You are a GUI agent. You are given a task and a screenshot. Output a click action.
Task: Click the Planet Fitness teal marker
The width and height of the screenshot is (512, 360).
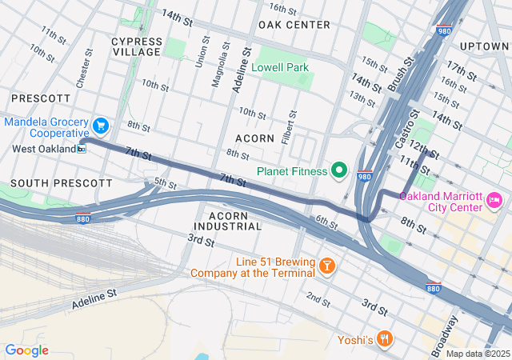pyautogui.click(x=339, y=170)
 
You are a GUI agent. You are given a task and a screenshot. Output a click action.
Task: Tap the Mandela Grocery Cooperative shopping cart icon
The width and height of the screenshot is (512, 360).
pyautogui.click(x=100, y=126)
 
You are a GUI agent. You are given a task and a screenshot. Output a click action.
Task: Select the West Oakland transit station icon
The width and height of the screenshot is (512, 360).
pyautogui.click(x=82, y=149)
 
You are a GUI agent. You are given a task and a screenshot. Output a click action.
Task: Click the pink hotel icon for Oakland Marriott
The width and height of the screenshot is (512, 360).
pyautogui.click(x=494, y=198)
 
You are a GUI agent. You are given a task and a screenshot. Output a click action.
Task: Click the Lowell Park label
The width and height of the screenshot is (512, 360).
pyautogui.click(x=280, y=68)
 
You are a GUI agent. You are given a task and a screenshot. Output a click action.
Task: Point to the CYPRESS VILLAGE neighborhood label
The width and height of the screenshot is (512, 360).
pyautogui.click(x=136, y=46)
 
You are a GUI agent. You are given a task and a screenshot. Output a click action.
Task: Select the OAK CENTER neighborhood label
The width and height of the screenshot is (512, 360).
pyautogui.click(x=294, y=25)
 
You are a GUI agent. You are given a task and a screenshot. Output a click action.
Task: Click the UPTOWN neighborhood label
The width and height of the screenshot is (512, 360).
pyautogui.click(x=484, y=46)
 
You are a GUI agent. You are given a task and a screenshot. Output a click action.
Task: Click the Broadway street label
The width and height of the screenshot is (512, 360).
pyautogui.click(x=445, y=335)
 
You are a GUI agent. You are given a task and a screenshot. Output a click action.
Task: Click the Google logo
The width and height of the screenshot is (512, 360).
pyautogui.click(x=26, y=350)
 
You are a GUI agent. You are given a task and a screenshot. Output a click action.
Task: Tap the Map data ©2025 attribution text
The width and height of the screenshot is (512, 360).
pyautogui.click(x=477, y=354)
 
